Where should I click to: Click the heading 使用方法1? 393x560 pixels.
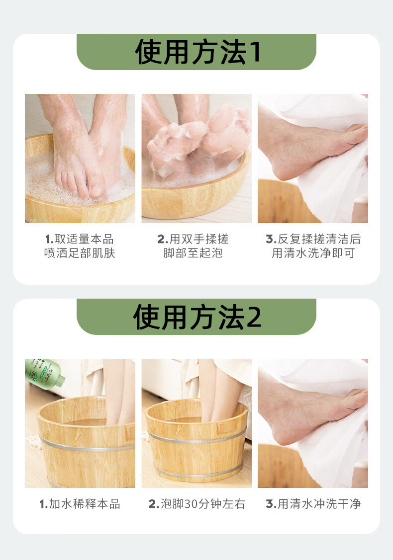tap(197, 52)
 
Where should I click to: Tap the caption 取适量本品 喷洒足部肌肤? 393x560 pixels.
tap(80, 246)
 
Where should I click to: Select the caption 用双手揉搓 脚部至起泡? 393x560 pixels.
tap(193, 246)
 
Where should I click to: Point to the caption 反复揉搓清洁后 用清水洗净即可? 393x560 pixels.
tap(313, 246)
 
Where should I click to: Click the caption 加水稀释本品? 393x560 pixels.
tap(80, 504)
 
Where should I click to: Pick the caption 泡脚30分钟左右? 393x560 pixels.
tap(196, 504)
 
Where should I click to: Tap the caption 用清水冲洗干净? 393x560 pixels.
tap(313, 504)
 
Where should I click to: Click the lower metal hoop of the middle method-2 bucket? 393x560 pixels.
tap(199, 472)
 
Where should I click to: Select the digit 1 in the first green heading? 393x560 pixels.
tap(255, 52)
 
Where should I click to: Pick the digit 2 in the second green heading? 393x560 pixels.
tap(254, 317)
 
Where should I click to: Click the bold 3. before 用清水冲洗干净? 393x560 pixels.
tap(270, 504)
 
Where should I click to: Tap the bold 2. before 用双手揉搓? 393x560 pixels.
tap(162, 240)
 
